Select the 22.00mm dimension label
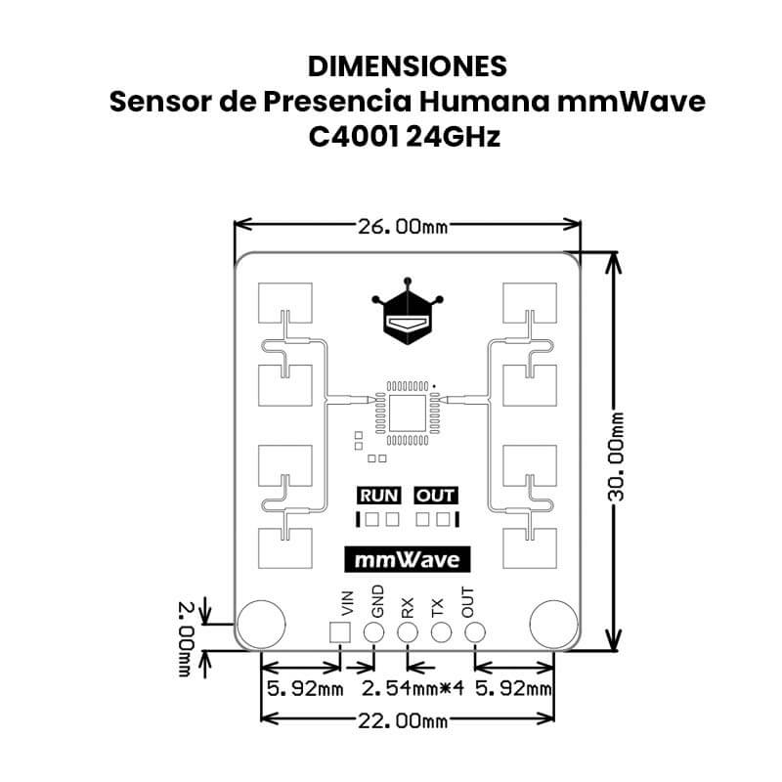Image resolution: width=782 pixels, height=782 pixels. (403, 721)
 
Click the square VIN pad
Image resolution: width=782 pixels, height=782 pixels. (339, 631)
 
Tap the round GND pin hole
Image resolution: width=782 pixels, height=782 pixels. (373, 631)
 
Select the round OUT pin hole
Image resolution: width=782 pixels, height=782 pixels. (475, 631)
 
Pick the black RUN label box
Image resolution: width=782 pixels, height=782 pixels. (378, 496)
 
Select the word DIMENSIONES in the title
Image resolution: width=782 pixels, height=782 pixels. (407, 65)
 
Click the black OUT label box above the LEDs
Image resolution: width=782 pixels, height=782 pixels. (435, 496)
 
